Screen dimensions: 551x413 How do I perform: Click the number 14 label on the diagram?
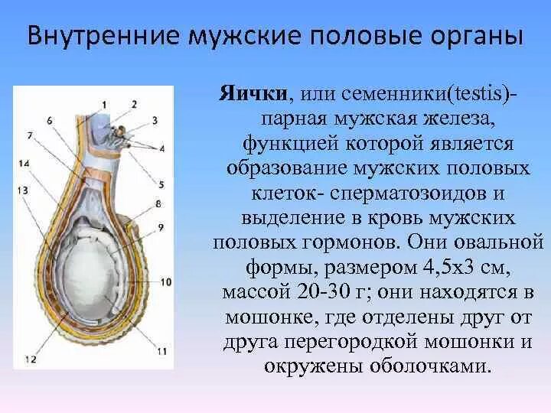tap(24, 164)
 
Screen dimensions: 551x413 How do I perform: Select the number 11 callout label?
tap(162, 352)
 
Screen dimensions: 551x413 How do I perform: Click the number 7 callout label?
tap(30, 135)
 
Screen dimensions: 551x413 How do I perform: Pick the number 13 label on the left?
tap(24, 189)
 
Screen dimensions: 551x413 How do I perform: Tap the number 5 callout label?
tap(161, 184)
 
